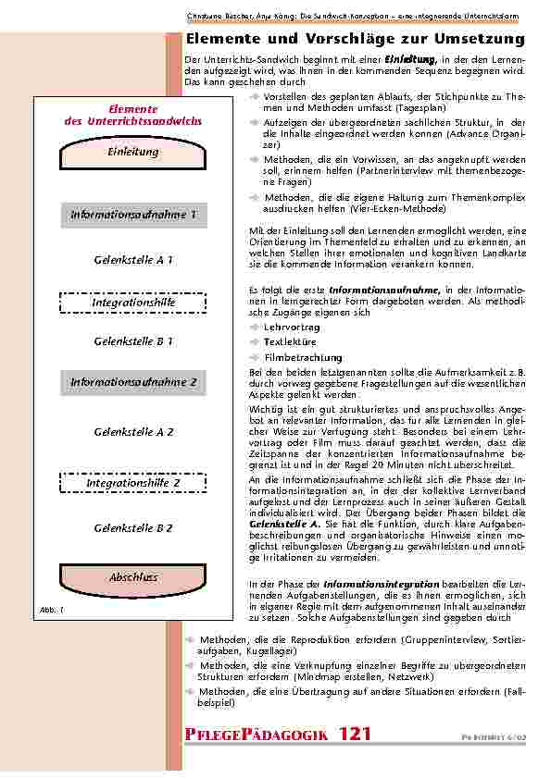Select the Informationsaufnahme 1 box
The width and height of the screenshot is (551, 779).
coord(133,216)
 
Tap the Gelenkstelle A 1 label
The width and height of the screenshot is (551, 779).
coord(133,260)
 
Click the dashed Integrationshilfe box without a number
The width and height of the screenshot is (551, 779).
coord(133,303)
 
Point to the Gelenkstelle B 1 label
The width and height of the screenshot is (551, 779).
coord(133,341)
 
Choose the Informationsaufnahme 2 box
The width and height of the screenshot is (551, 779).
coord(133,381)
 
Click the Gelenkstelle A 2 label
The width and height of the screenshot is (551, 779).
coord(133,432)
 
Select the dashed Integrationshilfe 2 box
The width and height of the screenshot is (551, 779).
coord(133,483)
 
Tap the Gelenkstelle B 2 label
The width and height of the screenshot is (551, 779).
coord(133,527)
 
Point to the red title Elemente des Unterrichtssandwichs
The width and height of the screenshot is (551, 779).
coord(133,116)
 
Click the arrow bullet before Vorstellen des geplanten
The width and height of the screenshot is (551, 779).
coord(255,96)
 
